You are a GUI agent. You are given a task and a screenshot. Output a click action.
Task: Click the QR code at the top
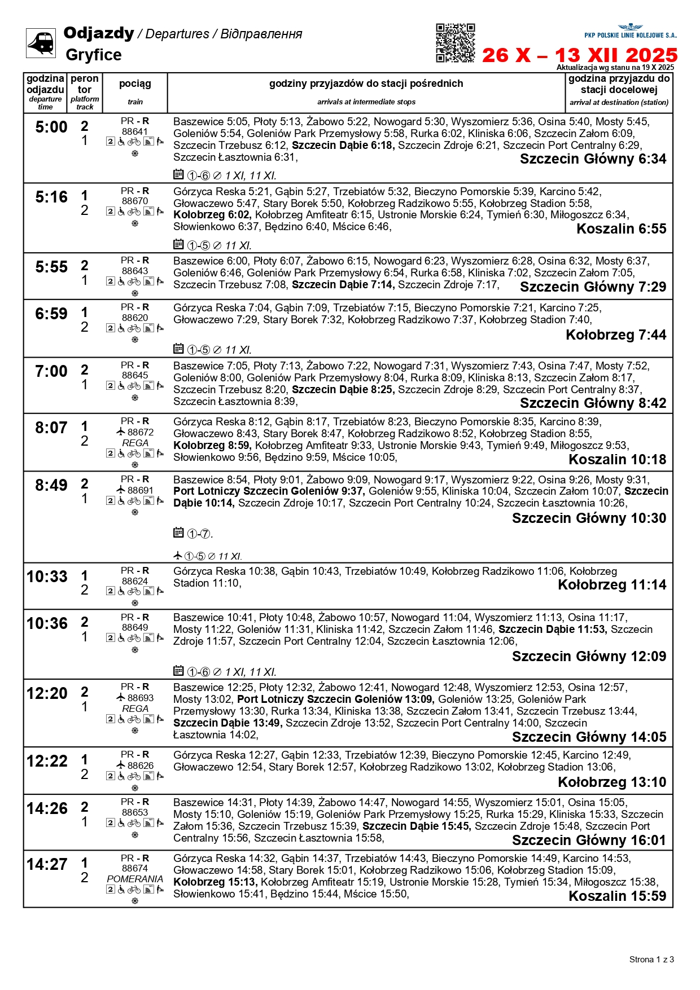[455, 43]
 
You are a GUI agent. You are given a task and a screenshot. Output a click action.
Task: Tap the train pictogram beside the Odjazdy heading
[41, 43]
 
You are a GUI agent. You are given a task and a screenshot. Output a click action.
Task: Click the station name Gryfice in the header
[94, 55]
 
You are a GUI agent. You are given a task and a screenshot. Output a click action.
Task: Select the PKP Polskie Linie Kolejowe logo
[630, 31]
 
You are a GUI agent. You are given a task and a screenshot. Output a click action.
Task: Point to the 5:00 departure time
[51, 127]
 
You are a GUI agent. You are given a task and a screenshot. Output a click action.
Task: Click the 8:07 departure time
[51, 428]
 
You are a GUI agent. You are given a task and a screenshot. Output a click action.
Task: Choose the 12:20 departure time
[47, 693]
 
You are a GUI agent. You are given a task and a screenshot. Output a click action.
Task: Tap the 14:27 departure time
[47, 864]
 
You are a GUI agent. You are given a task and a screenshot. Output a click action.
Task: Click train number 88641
[135, 131]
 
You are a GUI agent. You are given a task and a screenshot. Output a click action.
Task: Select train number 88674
[135, 868]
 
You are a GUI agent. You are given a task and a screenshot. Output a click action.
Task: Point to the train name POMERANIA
[135, 879]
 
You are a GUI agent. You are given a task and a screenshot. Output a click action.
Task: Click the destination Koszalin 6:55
[621, 229]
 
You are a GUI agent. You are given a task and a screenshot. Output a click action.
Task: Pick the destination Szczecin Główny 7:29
[593, 287]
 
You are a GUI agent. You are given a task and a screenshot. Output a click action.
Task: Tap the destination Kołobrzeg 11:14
[612, 585]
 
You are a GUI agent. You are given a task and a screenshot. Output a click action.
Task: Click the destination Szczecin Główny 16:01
[589, 841]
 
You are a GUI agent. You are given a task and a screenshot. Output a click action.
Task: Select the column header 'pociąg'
[135, 84]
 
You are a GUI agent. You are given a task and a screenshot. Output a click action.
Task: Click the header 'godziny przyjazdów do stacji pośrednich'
[366, 84]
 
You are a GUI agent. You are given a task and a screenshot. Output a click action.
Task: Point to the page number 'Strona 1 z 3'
[651, 959]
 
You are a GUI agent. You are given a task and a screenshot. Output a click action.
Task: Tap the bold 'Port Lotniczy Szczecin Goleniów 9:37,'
[269, 491]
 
